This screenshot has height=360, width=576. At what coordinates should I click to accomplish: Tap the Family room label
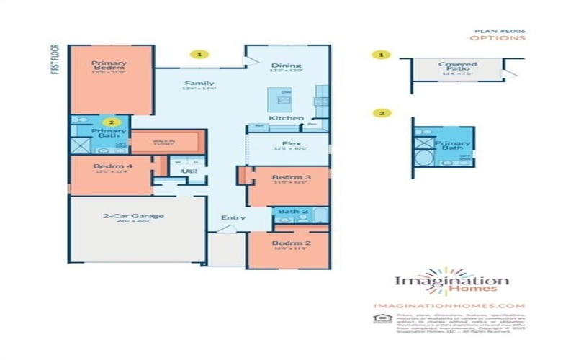[199, 83]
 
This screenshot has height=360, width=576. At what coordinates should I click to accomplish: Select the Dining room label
[280, 65]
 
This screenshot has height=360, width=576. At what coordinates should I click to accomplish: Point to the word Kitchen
[286, 117]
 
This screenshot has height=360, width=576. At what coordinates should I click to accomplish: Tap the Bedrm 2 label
[286, 243]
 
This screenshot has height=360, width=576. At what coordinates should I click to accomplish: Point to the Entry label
[233, 217]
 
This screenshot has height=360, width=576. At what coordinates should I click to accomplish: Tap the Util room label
[189, 171]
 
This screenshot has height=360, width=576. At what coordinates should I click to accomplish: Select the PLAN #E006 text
[499, 32]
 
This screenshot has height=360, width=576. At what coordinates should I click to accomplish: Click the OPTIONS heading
[504, 39]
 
